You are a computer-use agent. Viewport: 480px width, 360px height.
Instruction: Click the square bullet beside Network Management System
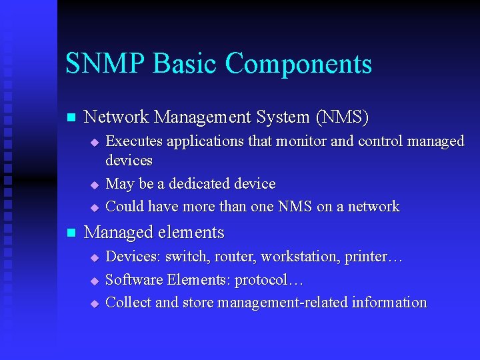click(x=70, y=118)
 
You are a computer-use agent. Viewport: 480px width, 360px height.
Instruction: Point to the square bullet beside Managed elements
click(x=70, y=233)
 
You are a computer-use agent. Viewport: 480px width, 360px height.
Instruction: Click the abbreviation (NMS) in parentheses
click(x=342, y=117)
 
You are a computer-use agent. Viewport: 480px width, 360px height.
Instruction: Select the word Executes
click(x=135, y=141)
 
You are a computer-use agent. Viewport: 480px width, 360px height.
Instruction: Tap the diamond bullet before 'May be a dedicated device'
click(x=94, y=185)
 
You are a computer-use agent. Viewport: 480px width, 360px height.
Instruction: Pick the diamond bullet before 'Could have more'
click(x=94, y=207)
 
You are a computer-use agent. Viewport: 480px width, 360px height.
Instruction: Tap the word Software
click(x=133, y=279)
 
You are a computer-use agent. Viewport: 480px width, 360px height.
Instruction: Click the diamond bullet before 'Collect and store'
click(x=94, y=303)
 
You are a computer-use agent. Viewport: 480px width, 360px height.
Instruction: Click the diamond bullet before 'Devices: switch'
click(x=94, y=257)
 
